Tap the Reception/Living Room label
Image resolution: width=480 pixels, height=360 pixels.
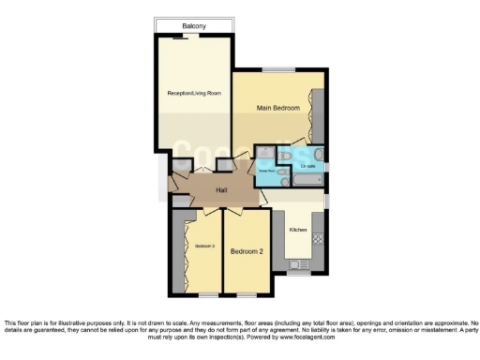point(193,93)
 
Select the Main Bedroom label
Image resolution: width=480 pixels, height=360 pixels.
point(278,109)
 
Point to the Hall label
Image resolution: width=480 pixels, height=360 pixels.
point(222,191)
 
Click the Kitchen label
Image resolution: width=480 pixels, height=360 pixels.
point(298,230)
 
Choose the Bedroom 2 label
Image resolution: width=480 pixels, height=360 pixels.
point(246,250)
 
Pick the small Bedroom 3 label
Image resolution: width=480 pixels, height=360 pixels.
point(205,247)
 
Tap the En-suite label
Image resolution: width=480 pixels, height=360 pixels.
point(307,167)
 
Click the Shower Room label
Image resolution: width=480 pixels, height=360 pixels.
point(267,171)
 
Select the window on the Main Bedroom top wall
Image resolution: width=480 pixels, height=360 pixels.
point(277,71)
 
